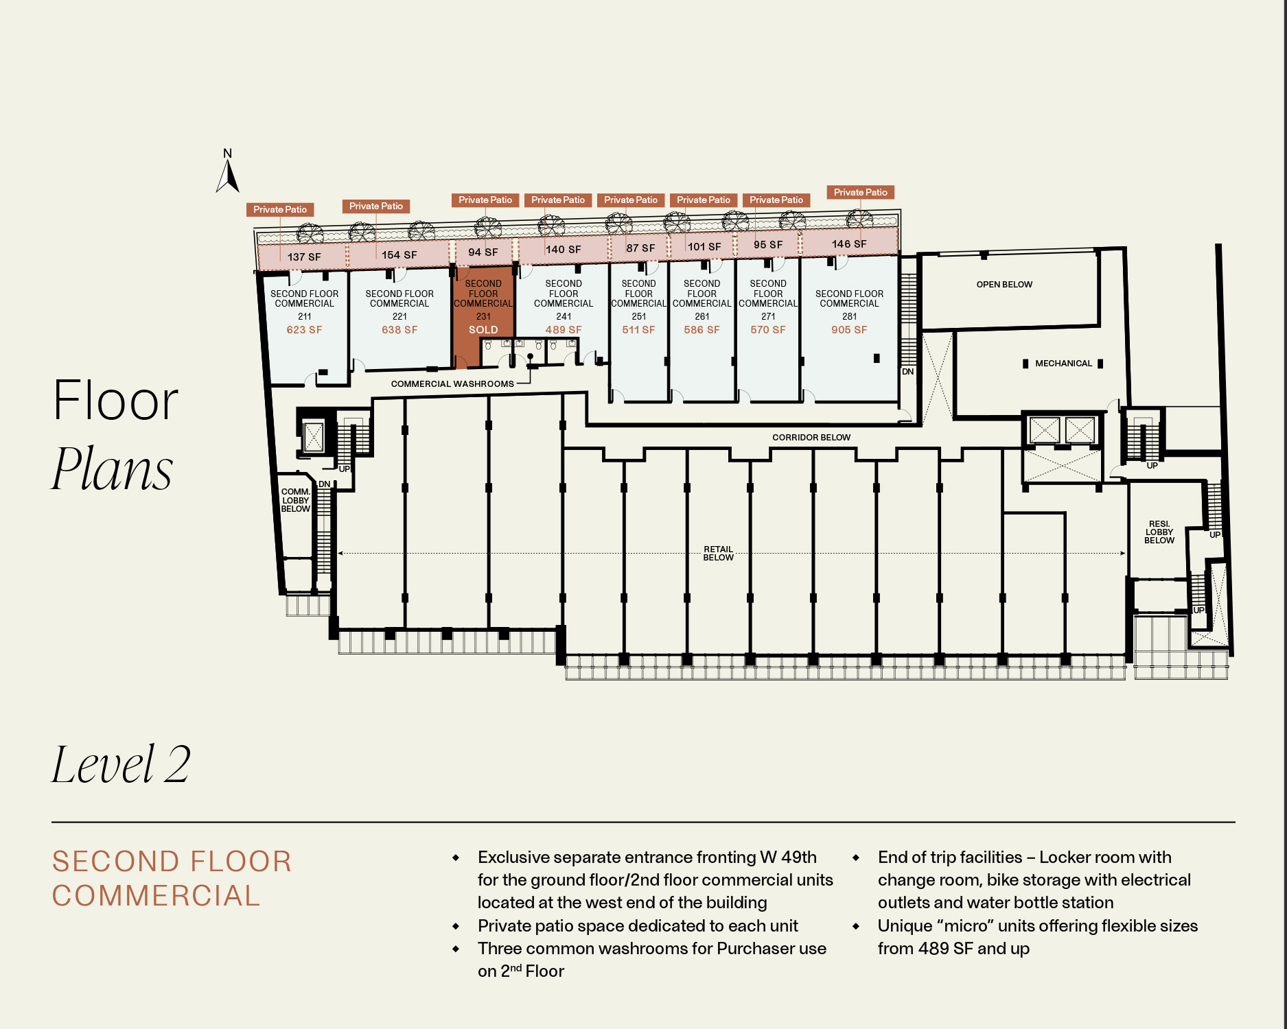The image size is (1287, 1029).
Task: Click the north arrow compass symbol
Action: (228, 171)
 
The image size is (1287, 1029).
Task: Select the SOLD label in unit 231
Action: (483, 330)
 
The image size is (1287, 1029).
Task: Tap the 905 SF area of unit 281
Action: (849, 330)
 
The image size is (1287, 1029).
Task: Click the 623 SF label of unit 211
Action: (304, 330)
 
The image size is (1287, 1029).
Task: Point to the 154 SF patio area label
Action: (399, 255)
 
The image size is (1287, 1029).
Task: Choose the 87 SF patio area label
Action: (640, 248)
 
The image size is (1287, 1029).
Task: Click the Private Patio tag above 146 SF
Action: (861, 193)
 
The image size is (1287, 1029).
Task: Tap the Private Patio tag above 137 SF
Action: (280, 210)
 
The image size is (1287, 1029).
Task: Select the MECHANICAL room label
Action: (1063, 364)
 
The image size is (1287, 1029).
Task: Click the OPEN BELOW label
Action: (1004, 285)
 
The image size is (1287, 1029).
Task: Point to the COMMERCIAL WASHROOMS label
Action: (452, 384)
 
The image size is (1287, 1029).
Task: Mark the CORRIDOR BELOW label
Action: (811, 438)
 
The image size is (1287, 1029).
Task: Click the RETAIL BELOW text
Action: (719, 554)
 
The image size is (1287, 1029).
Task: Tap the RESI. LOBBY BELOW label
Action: (1159, 532)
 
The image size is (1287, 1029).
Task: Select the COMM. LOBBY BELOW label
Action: (296, 501)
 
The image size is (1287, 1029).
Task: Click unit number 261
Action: (702, 317)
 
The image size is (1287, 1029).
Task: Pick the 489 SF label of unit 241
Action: (564, 330)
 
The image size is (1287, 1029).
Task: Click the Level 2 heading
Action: (121, 764)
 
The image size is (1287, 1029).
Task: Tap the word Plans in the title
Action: (113, 469)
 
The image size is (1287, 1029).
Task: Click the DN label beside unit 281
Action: (908, 372)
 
